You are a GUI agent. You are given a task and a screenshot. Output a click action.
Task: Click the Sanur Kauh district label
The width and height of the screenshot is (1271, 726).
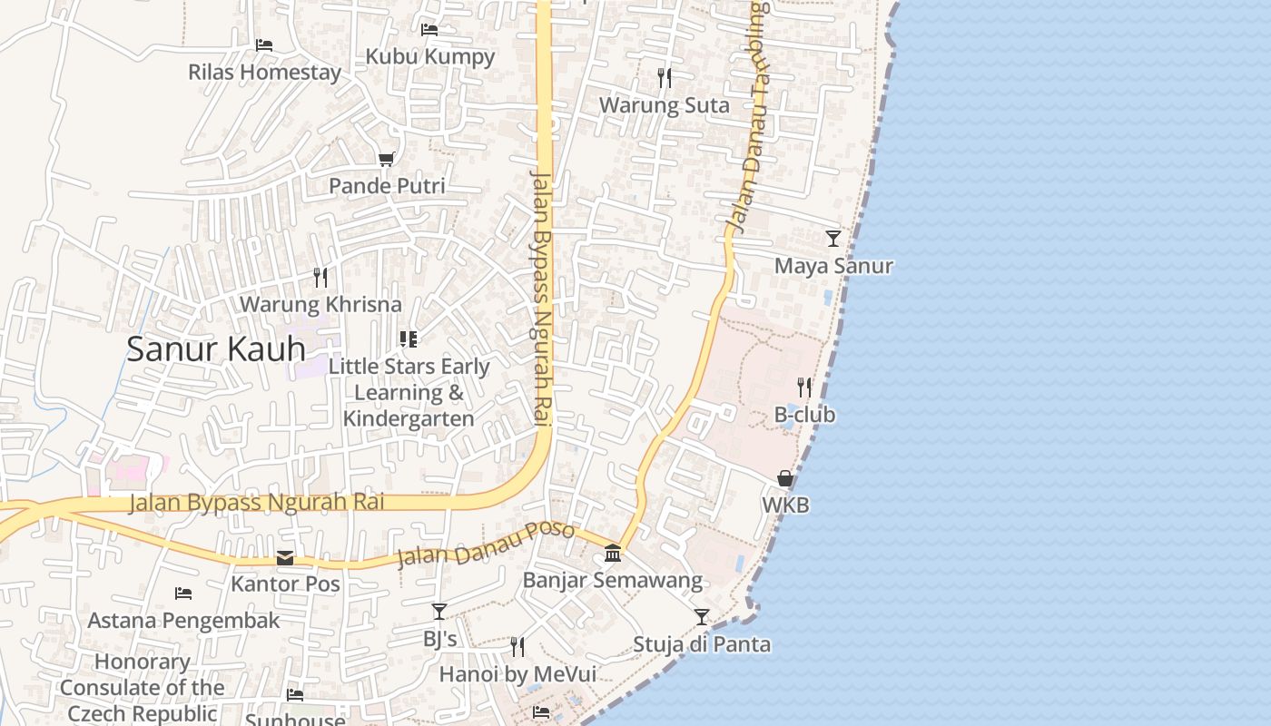(x=216, y=349)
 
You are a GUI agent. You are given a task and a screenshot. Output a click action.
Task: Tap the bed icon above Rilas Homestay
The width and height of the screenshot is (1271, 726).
(x=264, y=44)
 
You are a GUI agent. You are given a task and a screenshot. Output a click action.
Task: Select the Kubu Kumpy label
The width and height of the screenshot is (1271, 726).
(x=430, y=56)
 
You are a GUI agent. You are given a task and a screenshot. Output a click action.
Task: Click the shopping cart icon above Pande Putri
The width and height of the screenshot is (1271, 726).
(x=387, y=160)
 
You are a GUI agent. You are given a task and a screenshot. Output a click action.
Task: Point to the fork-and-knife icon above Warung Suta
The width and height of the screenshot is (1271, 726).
(x=665, y=78)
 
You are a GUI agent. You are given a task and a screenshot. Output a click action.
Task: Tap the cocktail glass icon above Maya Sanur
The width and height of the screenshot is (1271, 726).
(x=833, y=239)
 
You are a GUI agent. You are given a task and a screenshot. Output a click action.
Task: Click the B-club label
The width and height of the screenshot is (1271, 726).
(x=804, y=415)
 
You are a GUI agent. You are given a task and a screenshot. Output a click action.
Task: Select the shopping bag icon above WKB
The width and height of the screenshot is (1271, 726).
(x=785, y=478)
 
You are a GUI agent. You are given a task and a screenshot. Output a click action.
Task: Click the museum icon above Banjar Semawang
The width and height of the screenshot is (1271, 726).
(x=613, y=553)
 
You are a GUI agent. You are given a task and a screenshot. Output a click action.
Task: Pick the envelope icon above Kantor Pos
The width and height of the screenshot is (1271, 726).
(x=285, y=557)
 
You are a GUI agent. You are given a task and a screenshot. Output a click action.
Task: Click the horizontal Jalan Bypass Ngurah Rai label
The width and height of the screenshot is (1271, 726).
(x=257, y=502)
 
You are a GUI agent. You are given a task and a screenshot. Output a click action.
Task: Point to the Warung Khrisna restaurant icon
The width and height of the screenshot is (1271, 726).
(x=320, y=277)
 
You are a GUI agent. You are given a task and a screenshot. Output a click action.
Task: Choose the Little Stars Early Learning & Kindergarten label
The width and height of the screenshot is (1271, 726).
(x=409, y=392)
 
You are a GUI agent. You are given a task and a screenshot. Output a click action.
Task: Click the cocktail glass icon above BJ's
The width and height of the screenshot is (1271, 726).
(x=439, y=612)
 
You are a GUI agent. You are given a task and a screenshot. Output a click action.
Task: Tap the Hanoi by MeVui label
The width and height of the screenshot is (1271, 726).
(x=517, y=674)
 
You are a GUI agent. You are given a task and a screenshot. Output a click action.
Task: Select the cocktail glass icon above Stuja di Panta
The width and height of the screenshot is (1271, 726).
(x=702, y=617)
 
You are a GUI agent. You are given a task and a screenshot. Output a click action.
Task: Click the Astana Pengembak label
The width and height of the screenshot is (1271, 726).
(x=183, y=621)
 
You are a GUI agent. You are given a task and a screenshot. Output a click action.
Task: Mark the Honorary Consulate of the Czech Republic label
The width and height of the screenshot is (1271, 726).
(x=143, y=687)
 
